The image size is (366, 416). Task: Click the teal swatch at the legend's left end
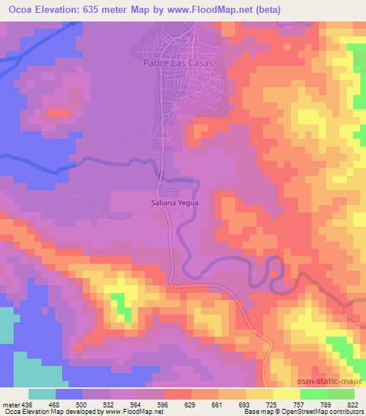pos(42,394)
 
